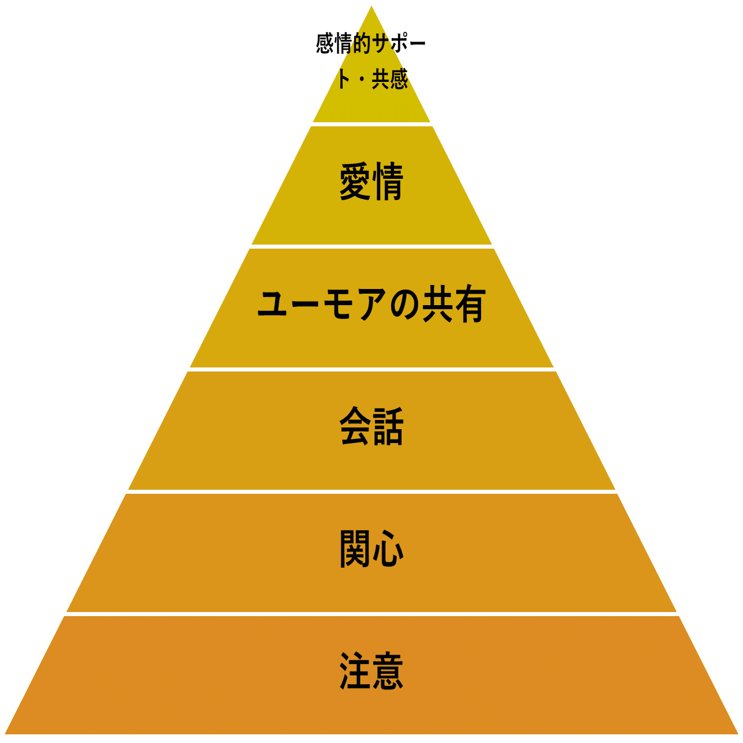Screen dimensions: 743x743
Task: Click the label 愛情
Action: click(x=371, y=182)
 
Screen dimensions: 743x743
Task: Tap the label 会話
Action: click(x=371, y=427)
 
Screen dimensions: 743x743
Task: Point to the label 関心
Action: click(x=371, y=549)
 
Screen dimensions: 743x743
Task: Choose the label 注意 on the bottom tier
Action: click(x=371, y=671)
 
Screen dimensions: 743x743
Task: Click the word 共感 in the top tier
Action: click(x=390, y=79)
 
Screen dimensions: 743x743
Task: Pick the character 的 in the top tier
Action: click(x=362, y=44)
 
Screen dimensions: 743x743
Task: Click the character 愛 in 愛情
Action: click(x=355, y=182)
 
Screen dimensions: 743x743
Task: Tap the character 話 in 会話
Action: click(x=388, y=427)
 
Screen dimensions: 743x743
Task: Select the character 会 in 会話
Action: click(x=355, y=427)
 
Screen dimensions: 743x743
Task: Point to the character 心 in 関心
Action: click(x=388, y=549)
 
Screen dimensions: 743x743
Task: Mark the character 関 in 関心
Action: click(x=355, y=549)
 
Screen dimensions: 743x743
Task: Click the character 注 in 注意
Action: click(x=355, y=671)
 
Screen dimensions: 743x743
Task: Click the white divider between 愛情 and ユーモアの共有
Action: click(x=371, y=246)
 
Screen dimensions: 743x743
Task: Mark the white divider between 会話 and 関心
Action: click(x=371, y=491)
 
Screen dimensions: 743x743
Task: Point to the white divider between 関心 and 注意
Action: click(x=371, y=614)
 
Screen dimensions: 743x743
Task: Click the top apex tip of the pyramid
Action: click(x=371, y=3)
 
